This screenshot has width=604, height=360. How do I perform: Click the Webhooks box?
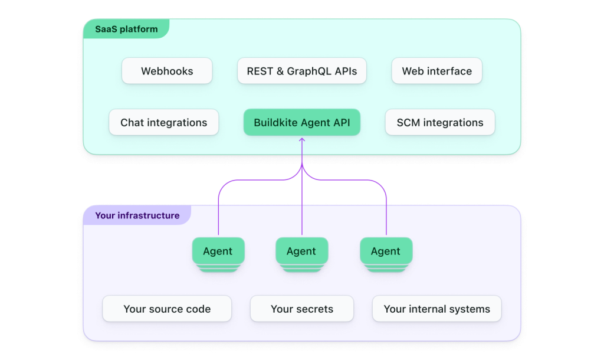pyautogui.click(x=167, y=71)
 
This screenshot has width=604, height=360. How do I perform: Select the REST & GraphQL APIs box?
pyautogui.click(x=301, y=71)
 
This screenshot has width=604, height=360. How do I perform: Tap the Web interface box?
pyautogui.click(x=437, y=71)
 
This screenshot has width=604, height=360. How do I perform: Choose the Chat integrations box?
pyautogui.click(x=164, y=122)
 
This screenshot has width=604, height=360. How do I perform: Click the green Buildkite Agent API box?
pyautogui.click(x=301, y=122)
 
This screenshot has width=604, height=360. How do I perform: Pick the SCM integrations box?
pyautogui.click(x=440, y=122)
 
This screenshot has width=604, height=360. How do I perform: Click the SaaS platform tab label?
pyautogui.click(x=126, y=29)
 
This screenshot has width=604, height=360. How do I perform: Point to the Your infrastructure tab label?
pyautogui.click(x=137, y=215)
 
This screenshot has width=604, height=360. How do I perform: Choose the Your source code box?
pyautogui.click(x=167, y=308)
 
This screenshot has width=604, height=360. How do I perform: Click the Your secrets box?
pyautogui.click(x=301, y=308)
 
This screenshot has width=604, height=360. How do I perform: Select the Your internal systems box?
pyautogui.click(x=437, y=308)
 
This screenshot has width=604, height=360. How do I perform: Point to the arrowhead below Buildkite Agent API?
pyautogui.click(x=302, y=139)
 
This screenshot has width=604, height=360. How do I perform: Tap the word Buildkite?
pyautogui.click(x=276, y=122)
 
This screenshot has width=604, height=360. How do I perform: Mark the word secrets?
pyautogui.click(x=315, y=309)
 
